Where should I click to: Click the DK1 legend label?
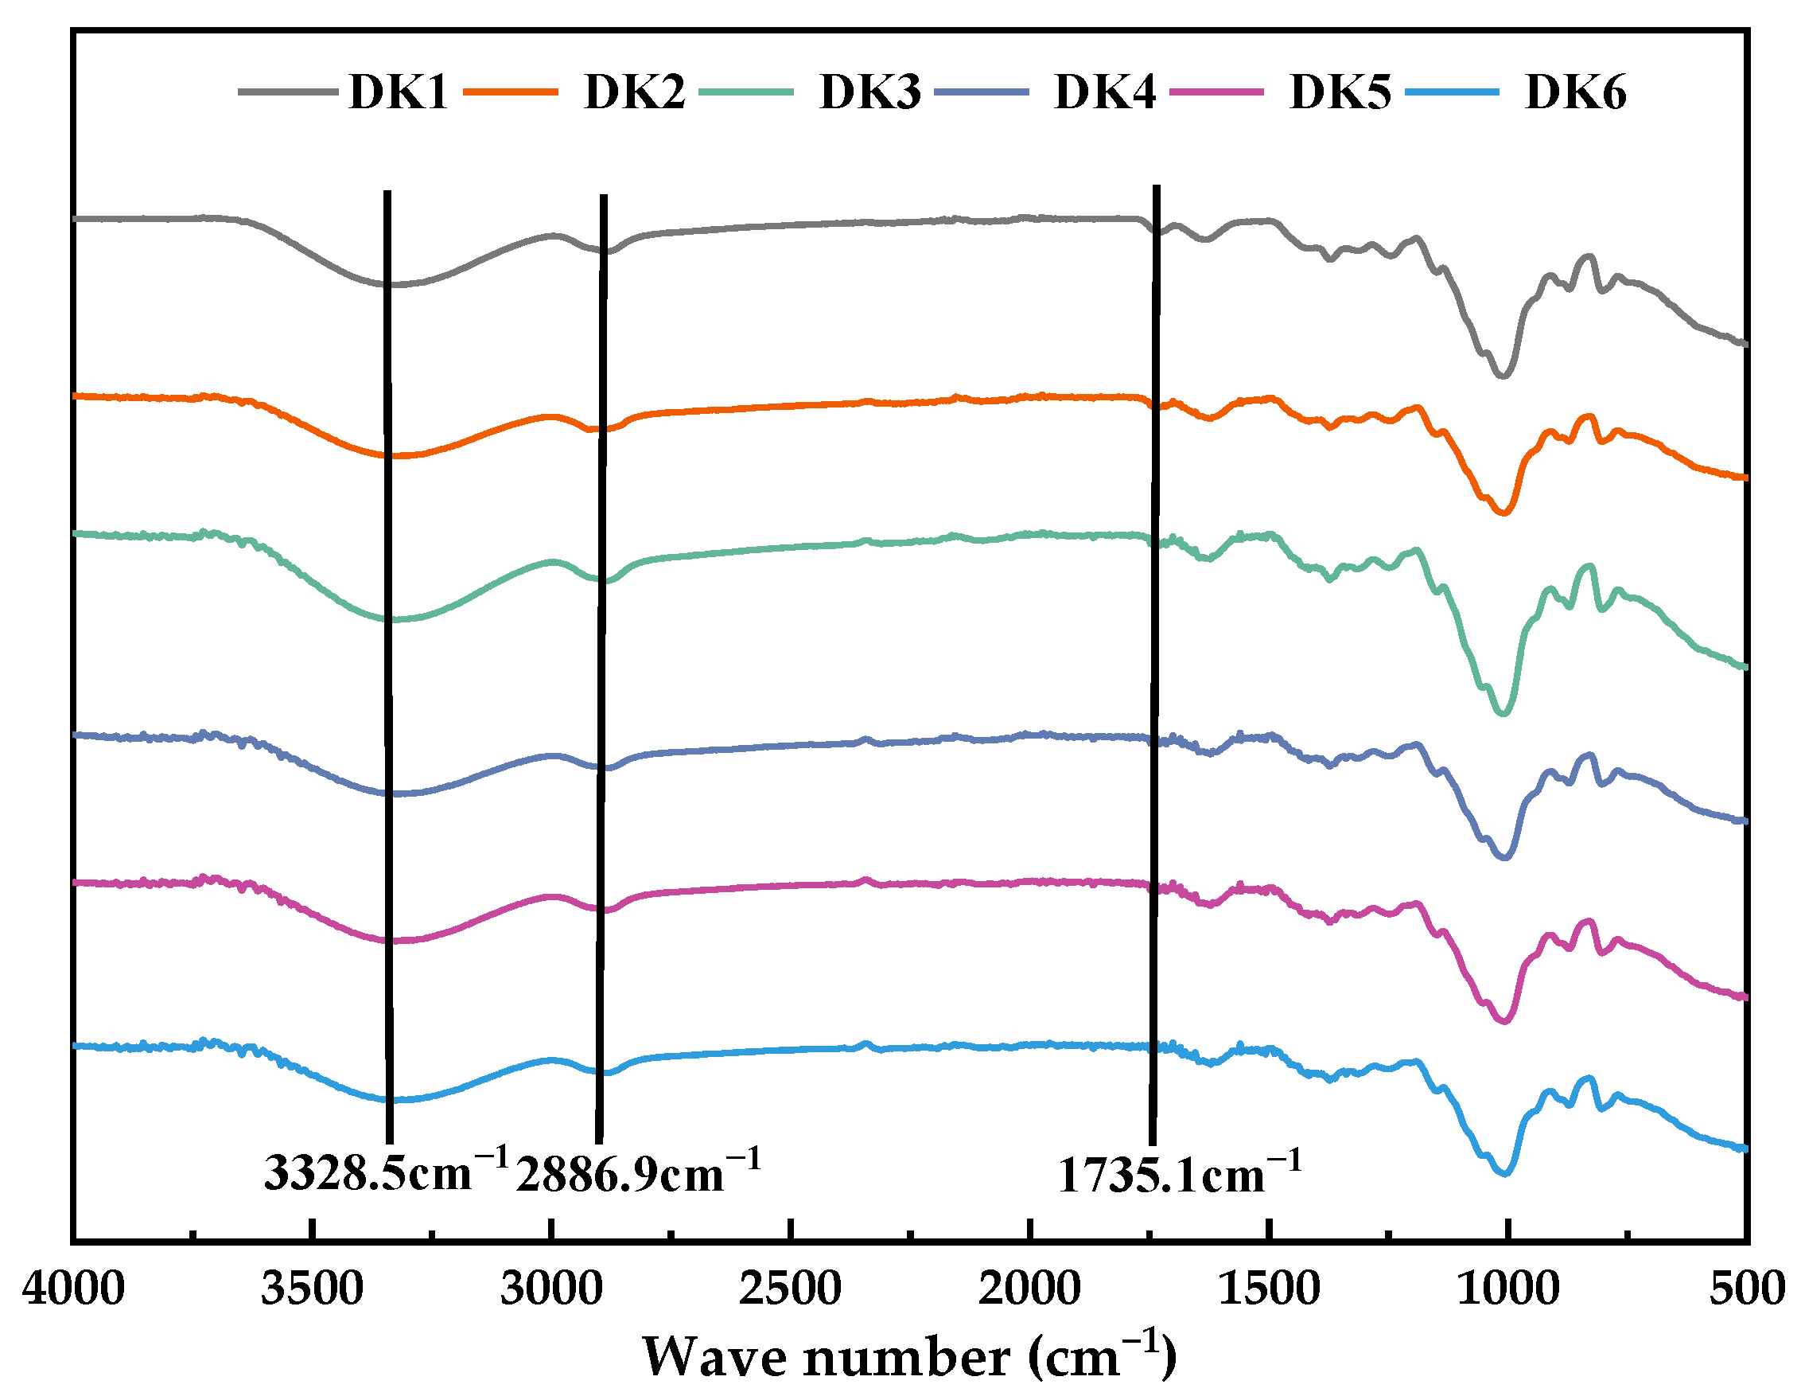click(x=398, y=92)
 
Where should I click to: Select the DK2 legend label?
click(x=633, y=92)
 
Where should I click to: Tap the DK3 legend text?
click(x=869, y=92)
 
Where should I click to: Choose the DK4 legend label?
click(x=1104, y=92)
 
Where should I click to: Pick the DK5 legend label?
click(x=1340, y=92)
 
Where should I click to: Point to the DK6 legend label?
click(x=1575, y=92)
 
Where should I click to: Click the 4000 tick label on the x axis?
click(x=73, y=1289)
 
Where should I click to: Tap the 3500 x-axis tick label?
click(x=312, y=1289)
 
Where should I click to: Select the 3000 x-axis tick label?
click(x=550, y=1289)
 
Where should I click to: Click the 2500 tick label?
click(x=790, y=1289)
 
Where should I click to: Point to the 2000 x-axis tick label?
click(x=1029, y=1289)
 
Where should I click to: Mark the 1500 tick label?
click(x=1268, y=1289)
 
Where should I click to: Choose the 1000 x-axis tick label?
click(x=1507, y=1289)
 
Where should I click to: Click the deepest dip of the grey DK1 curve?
click(x=1503, y=376)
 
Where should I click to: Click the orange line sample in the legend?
click(x=511, y=92)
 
